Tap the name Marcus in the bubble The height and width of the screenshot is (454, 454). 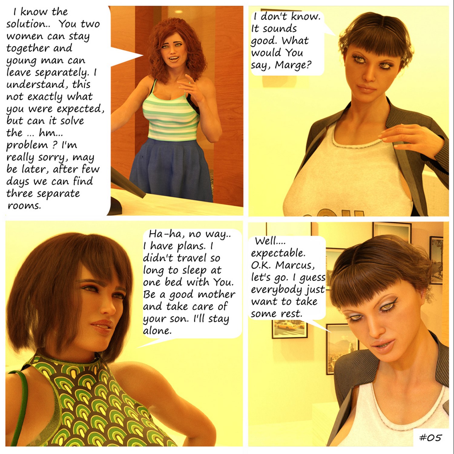[295, 265]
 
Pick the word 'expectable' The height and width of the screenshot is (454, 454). [278, 253]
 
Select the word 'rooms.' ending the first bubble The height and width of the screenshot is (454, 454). [24, 206]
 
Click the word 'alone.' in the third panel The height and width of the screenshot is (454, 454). [157, 331]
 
